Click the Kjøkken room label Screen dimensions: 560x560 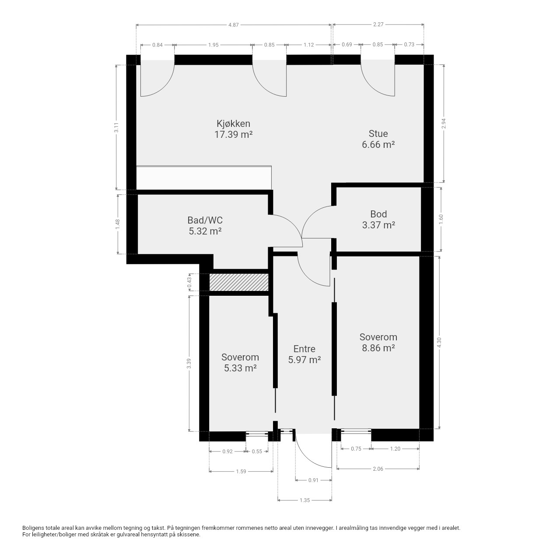(233, 129)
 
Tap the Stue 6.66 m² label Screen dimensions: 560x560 (378, 139)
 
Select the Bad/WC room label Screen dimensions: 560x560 (205, 225)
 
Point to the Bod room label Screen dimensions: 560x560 (378, 220)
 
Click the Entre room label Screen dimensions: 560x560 (304, 354)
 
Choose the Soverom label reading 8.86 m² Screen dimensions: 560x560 (378, 342)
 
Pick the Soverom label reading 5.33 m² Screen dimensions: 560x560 (240, 362)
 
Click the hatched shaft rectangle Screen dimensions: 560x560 (238, 282)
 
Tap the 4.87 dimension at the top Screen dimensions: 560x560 (233, 25)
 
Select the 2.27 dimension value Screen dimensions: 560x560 (378, 24)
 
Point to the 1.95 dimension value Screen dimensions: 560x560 (213, 45)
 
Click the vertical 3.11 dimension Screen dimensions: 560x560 (116, 127)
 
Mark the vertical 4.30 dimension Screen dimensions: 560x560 (439, 342)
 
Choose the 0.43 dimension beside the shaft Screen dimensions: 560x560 (189, 282)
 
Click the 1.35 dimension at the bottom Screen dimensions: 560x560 (304, 500)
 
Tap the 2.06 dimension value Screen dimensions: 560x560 (378, 469)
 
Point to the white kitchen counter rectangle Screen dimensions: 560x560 (204, 178)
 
